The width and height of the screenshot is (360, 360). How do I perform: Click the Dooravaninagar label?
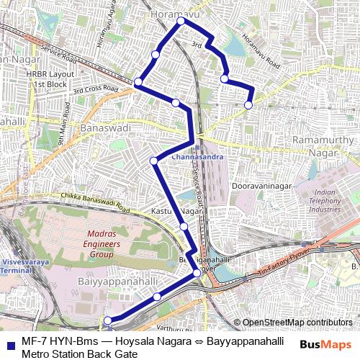point(259,185)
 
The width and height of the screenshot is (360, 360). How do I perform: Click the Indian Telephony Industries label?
point(325,201)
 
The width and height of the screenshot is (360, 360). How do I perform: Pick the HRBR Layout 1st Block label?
point(50,78)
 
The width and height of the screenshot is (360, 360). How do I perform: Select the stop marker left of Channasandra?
point(153,161)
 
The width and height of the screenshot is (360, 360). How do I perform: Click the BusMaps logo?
point(325,344)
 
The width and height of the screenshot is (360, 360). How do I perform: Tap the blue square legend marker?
point(10,343)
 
